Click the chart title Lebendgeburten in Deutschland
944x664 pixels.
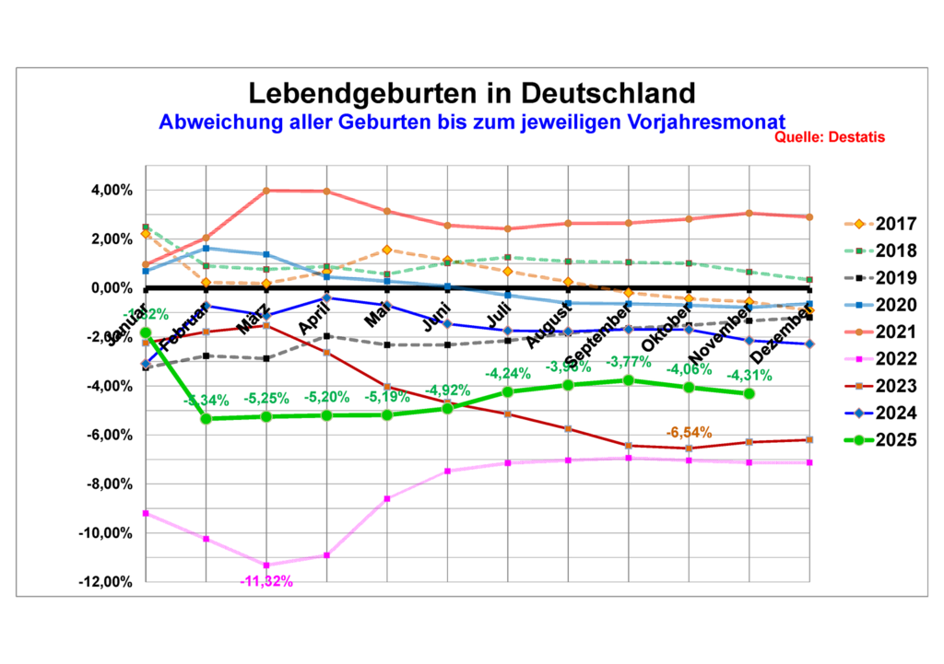click(471, 93)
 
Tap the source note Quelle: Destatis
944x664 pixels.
click(830, 137)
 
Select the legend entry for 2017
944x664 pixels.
click(883, 224)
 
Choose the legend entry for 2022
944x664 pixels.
click(883, 359)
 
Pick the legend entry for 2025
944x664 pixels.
click(883, 440)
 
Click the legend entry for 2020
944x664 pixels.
click(883, 305)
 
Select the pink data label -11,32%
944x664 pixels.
click(265, 581)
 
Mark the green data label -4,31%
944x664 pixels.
click(749, 375)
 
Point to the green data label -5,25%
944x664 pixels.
click(265, 399)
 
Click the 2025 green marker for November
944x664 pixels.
click(749, 393)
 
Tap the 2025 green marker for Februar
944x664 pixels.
click(205, 418)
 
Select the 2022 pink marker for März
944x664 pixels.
click(266, 565)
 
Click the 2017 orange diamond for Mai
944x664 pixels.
click(387, 250)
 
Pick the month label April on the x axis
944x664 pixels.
click(314, 313)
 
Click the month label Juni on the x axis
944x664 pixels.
click(437, 313)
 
